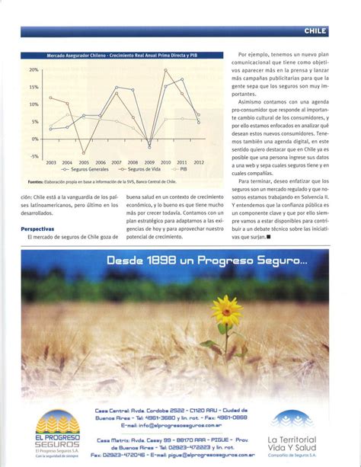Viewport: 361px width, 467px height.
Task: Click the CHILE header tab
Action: click(315, 31)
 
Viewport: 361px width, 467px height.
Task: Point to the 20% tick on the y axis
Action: click(34, 69)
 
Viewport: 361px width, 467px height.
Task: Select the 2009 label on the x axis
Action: click(149, 162)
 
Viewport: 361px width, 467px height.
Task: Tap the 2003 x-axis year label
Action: click(50, 162)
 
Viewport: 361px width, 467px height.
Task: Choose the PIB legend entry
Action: click(178, 169)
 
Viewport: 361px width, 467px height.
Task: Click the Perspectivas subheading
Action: click(37, 229)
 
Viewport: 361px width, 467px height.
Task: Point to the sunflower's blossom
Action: click(225, 310)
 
